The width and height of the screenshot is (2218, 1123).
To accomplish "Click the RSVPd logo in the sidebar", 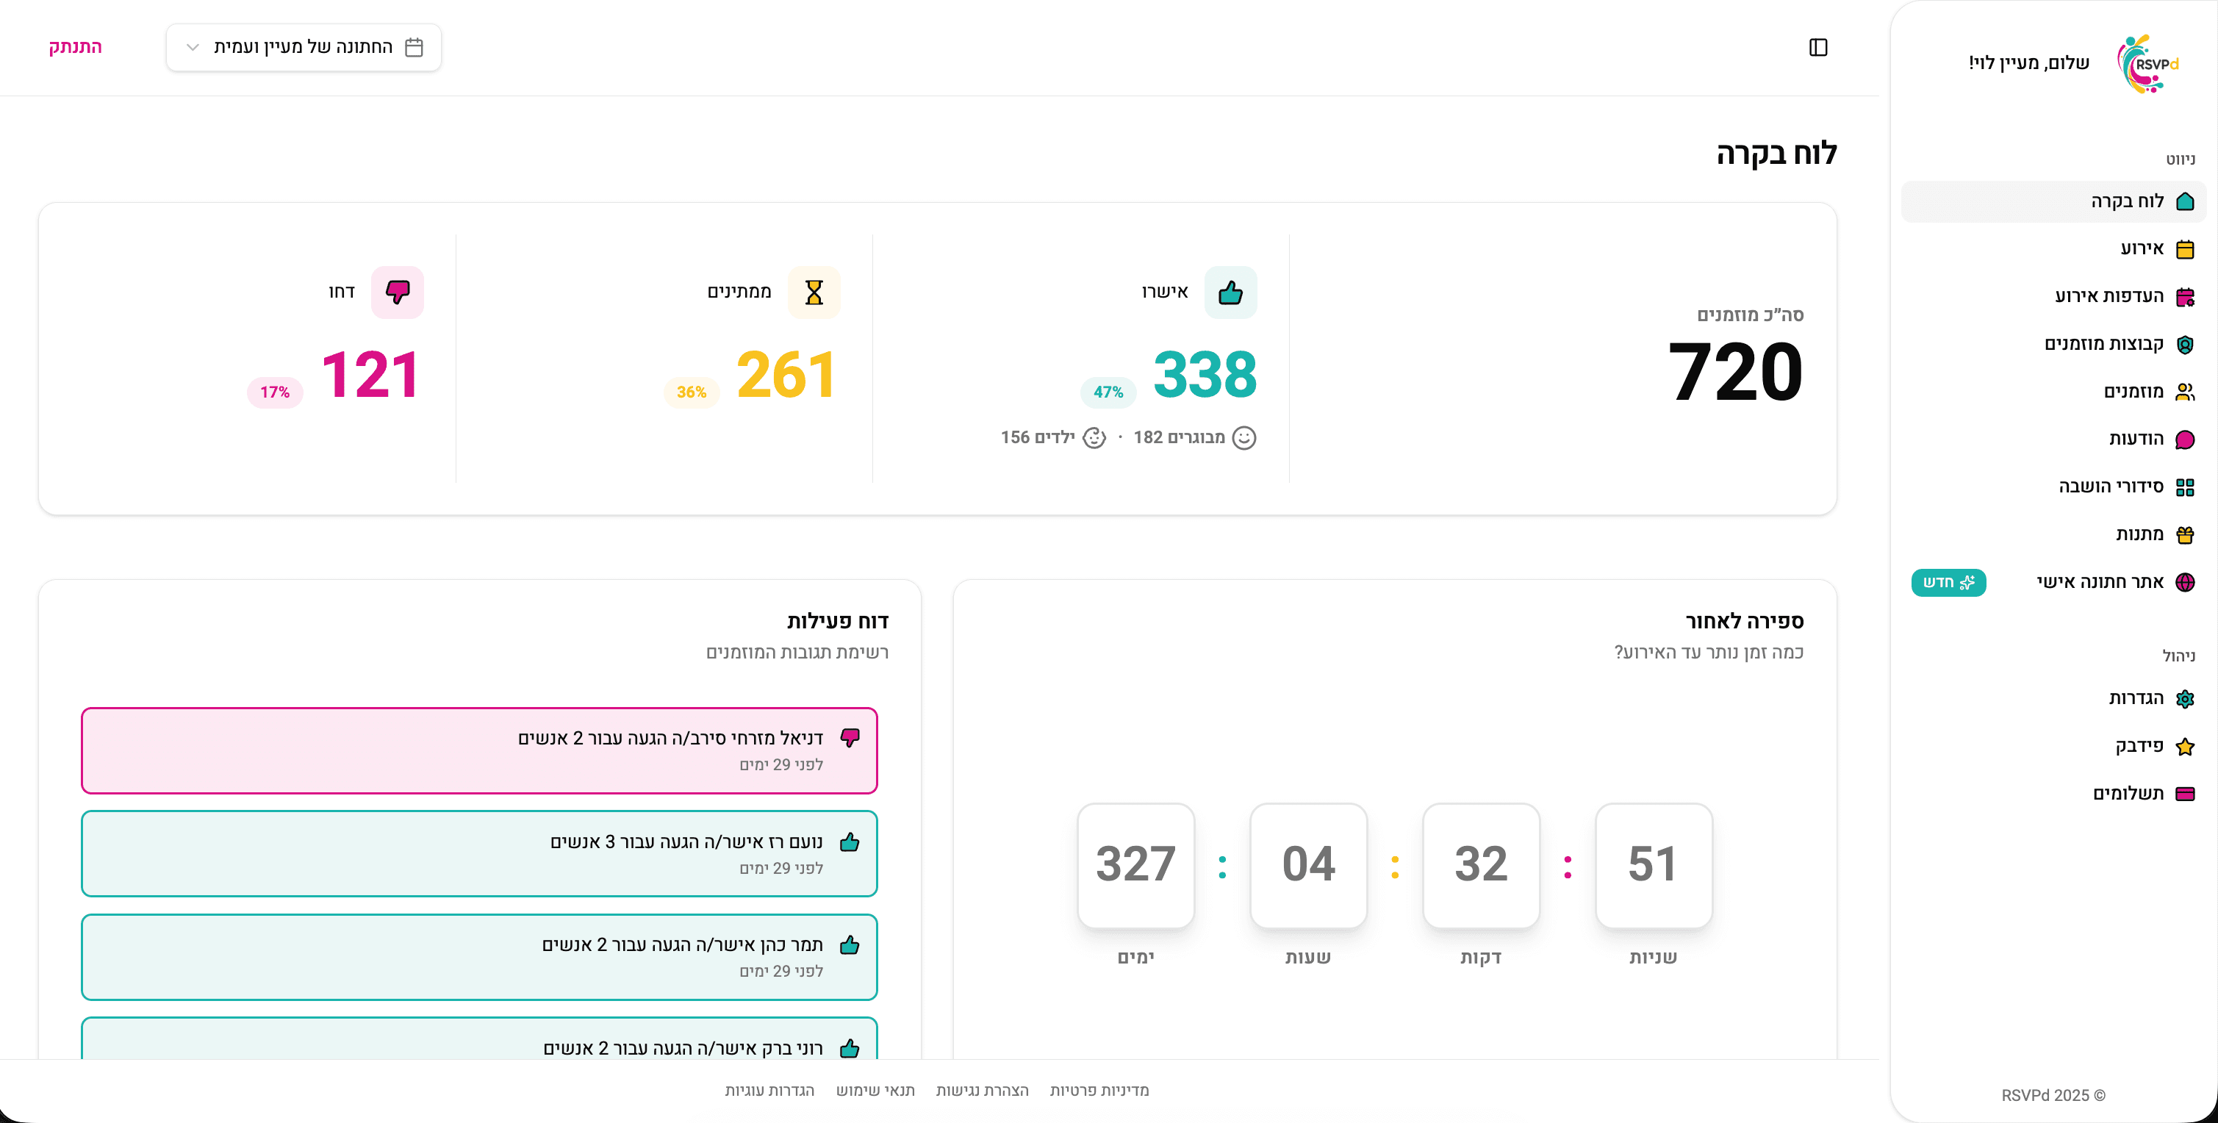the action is click(x=2147, y=64).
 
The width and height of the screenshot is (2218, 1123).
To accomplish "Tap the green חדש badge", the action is click(x=1948, y=582).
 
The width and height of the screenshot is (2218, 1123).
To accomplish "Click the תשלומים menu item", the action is click(x=2143, y=793).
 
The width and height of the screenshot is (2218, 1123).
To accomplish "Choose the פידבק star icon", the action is click(x=2184, y=747).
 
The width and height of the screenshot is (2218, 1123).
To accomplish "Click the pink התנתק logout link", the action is click(x=75, y=46).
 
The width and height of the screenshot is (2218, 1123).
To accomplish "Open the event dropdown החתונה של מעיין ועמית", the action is click(x=304, y=47).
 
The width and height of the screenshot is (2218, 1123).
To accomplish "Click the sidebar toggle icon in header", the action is click(x=1817, y=47).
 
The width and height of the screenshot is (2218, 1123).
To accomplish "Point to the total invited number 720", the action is click(x=1735, y=372).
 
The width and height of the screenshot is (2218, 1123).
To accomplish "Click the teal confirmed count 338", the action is click(x=1205, y=375).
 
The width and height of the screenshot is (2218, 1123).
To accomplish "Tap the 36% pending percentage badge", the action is click(x=692, y=392).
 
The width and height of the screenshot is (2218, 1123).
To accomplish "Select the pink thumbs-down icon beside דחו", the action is click(x=397, y=292).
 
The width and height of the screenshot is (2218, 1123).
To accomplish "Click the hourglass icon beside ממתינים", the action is click(x=814, y=292).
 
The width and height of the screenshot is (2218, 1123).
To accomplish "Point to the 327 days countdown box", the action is click(x=1135, y=864).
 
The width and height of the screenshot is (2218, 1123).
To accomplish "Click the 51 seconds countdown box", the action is click(x=1653, y=864).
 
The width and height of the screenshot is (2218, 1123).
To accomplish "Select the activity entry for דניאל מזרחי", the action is click(x=480, y=750).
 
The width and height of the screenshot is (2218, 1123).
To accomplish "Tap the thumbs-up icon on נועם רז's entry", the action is click(x=849, y=842).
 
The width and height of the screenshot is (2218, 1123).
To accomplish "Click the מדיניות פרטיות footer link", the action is click(x=1099, y=1090).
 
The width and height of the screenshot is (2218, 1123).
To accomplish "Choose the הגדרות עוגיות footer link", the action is click(x=769, y=1090).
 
